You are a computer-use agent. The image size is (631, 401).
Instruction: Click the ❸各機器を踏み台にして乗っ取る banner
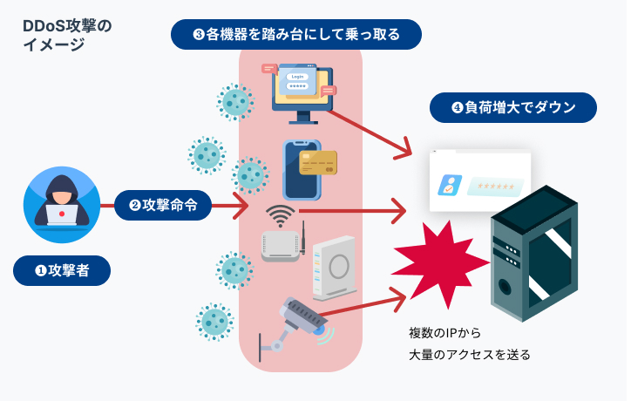click(295, 35)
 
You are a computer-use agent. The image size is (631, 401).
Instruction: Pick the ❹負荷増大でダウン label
click(512, 109)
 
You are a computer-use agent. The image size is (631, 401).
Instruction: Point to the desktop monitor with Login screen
click(300, 91)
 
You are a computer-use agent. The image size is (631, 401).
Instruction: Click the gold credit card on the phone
click(317, 162)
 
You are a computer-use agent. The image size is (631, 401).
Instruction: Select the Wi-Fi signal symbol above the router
click(279, 214)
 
